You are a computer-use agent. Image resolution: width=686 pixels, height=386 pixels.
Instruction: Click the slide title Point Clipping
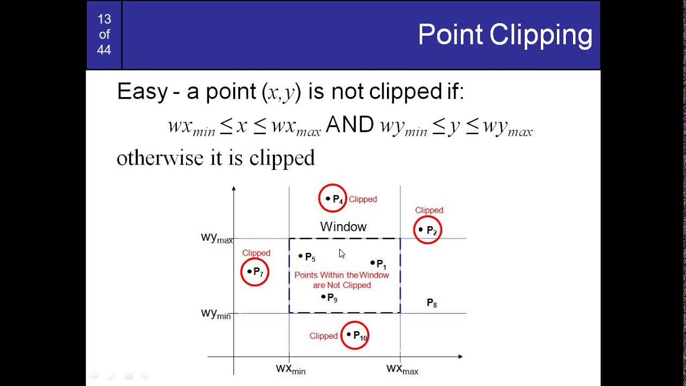tap(504, 35)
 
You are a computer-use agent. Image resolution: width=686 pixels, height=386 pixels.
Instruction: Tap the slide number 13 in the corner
tap(104, 19)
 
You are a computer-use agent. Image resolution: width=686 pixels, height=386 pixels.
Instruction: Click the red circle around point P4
tap(332, 198)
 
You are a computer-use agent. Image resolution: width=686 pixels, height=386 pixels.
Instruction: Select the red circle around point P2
tap(428, 230)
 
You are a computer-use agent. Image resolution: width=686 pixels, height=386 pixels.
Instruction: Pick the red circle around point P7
tap(255, 272)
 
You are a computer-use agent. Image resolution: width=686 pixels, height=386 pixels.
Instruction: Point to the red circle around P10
tap(355, 336)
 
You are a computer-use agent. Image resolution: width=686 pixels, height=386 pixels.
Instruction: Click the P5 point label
tap(310, 257)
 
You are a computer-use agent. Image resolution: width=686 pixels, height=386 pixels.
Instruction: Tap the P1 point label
tap(381, 264)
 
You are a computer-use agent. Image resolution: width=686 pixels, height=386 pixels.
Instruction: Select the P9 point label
tap(332, 298)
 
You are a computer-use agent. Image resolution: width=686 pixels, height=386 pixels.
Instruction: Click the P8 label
tap(431, 303)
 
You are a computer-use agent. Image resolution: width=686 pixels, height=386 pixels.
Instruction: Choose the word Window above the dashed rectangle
tap(343, 227)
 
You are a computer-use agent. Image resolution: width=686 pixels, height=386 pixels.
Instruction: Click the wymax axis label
tap(217, 238)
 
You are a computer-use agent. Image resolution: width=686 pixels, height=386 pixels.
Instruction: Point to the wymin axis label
tap(215, 314)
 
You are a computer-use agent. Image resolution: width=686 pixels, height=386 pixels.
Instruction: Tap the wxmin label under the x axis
tap(290, 369)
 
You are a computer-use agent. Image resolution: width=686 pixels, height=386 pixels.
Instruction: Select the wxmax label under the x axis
tap(402, 369)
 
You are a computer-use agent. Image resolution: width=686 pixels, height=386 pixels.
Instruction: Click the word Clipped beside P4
tap(363, 199)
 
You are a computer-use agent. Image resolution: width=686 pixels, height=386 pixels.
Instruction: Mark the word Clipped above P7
tap(256, 253)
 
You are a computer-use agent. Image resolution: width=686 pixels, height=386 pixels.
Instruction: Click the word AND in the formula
tap(349, 125)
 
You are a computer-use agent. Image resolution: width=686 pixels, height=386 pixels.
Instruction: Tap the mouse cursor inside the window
tap(342, 254)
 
